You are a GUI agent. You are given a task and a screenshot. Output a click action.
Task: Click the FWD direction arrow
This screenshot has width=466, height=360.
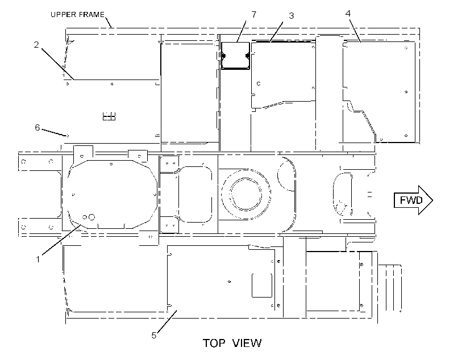pyautogui.click(x=413, y=200)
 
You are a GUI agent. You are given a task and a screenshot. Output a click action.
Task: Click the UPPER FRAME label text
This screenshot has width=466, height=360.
pyautogui.click(x=77, y=15)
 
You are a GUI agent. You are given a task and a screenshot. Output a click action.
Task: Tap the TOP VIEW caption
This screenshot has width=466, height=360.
pyautogui.click(x=232, y=343)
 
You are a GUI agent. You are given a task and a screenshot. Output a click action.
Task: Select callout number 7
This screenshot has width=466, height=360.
pyautogui.click(x=254, y=14)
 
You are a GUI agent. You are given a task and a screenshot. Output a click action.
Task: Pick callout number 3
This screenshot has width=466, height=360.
pyautogui.click(x=291, y=15)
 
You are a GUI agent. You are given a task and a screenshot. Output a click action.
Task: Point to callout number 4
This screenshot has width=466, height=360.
pyautogui.click(x=348, y=13)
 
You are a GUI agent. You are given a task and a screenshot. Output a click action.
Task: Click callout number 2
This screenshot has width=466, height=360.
pyautogui.click(x=36, y=45)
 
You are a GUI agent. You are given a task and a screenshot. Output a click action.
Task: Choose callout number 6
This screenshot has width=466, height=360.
pyautogui.click(x=37, y=127)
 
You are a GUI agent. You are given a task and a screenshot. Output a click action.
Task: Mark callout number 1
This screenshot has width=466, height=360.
pyautogui.click(x=38, y=259)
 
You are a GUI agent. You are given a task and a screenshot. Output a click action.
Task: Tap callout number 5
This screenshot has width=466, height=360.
pyautogui.click(x=153, y=336)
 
